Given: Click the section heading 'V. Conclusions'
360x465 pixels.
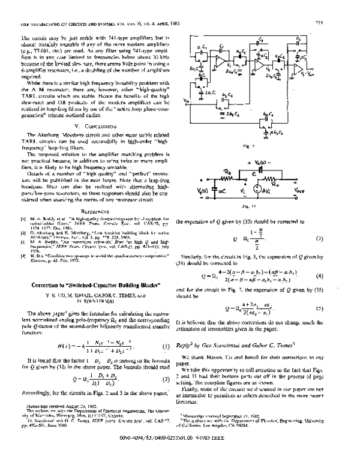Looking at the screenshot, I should pos(89,127).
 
